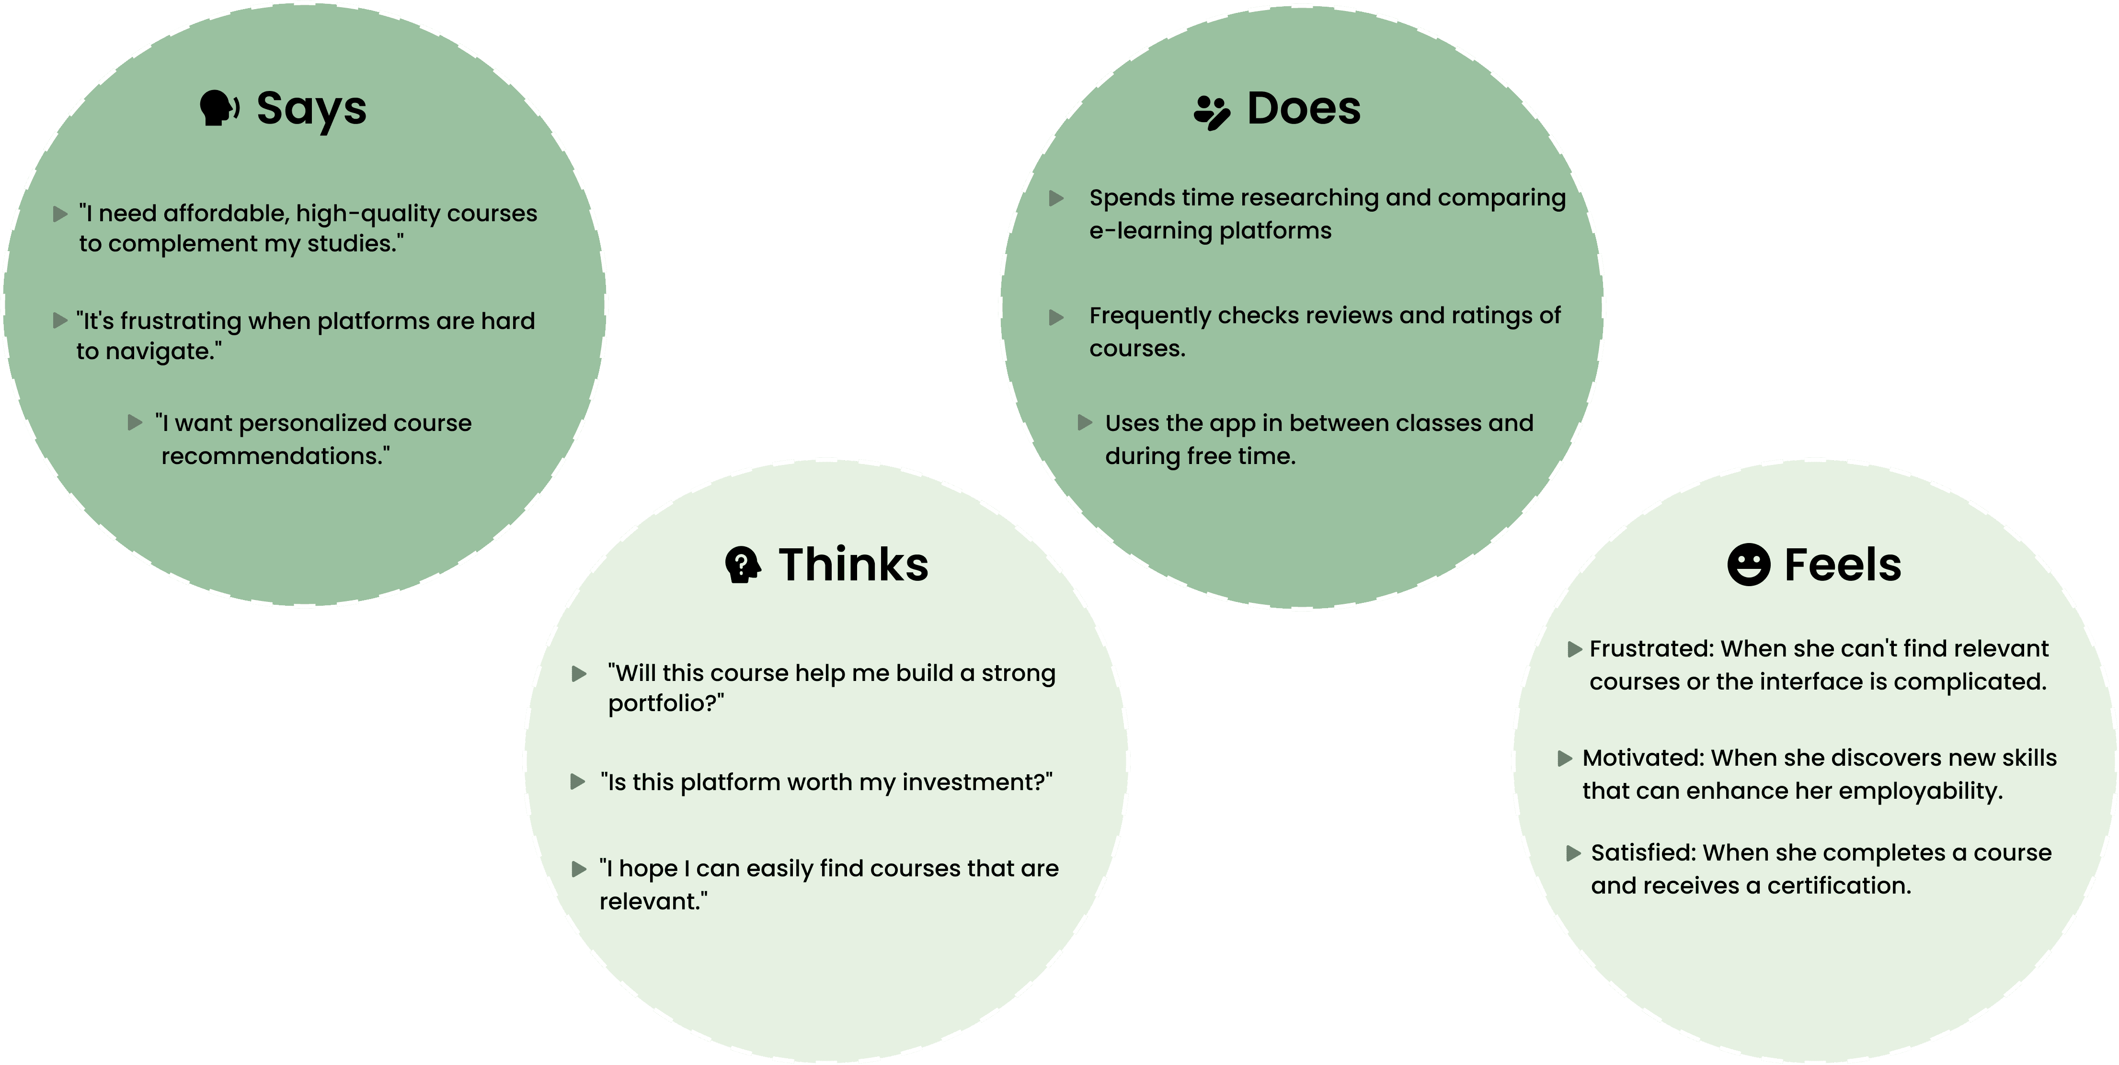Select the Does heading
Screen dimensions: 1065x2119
coord(1304,109)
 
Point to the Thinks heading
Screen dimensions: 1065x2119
coord(853,565)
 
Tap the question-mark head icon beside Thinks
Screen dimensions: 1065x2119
coord(742,565)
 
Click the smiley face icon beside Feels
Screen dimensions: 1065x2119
coord(1748,565)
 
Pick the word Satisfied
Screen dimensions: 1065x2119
coord(1643,853)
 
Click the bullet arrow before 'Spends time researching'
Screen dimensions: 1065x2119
coord(1056,198)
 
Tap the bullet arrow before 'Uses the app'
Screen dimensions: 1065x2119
coord(1085,423)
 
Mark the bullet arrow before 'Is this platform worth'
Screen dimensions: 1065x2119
coord(578,782)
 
